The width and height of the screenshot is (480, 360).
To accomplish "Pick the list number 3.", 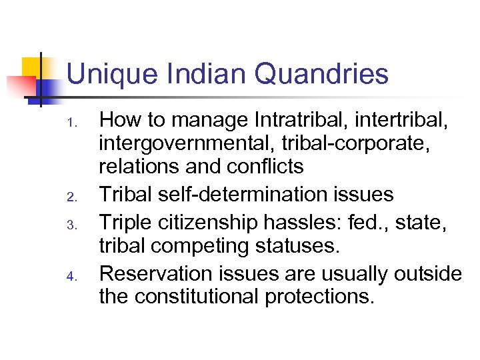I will click(x=75, y=223).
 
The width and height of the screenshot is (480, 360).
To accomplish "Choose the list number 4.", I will click(x=75, y=274).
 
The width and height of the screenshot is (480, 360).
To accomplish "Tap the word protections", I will click(x=319, y=296).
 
